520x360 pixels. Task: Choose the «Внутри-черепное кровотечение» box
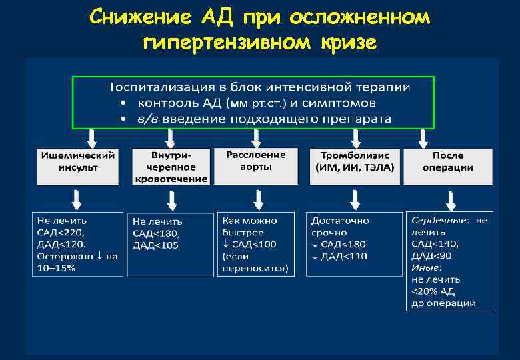coord(170,166)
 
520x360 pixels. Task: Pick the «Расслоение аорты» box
coord(256,165)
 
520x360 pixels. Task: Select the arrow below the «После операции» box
coord(451,200)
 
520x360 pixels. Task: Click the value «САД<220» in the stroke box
coord(57,233)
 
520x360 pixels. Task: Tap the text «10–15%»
coord(56,268)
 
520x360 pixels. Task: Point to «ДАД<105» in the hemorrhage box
coord(155,245)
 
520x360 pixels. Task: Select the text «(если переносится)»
coord(255,263)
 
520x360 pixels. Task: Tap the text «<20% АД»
coord(433,291)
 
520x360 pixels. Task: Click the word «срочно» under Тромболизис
coord(329,233)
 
